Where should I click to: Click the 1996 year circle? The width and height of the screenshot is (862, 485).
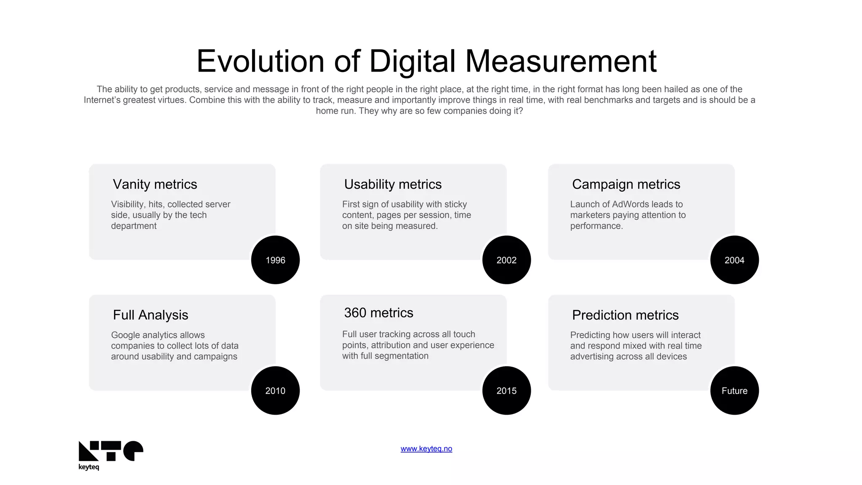coord(275,260)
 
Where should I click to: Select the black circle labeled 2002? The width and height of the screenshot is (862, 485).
coord(506,260)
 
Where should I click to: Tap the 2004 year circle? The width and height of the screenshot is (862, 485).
coord(734,260)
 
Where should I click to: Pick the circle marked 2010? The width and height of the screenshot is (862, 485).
coord(275,390)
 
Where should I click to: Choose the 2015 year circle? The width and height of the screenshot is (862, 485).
coord(506,390)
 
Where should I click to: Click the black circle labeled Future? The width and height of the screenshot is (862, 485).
coord(734,390)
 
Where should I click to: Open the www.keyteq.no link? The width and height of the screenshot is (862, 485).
coord(426,449)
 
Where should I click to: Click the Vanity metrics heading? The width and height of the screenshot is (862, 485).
coord(155,184)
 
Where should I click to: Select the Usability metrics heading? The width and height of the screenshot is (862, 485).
coord(393,184)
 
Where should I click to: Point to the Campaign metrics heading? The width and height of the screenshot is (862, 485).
coord(626,184)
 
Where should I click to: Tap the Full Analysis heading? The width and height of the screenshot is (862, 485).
coord(150,315)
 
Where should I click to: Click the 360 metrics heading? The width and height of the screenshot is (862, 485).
coord(378,313)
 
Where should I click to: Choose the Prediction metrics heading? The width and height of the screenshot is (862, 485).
coord(625,315)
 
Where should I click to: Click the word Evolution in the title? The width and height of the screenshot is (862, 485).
coord(260,61)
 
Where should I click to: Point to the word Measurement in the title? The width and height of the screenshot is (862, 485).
coord(561,61)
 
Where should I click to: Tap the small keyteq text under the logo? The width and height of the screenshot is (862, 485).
coord(89,467)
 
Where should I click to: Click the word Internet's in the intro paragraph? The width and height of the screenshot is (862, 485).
coord(101,100)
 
